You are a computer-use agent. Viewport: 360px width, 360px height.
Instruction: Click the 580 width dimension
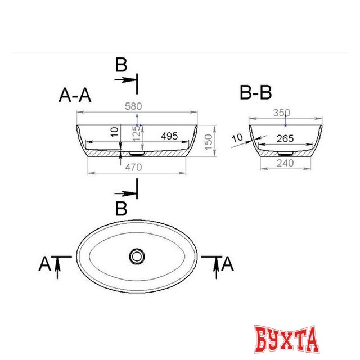pyautogui.click(x=133, y=106)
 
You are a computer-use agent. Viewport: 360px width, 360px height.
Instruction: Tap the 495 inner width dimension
pyautogui.click(x=169, y=136)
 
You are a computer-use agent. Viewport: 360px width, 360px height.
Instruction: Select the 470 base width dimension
pyautogui.click(x=133, y=168)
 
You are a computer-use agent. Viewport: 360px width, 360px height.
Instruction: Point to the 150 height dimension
pyautogui.click(x=209, y=142)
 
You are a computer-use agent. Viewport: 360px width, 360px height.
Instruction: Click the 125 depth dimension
pyautogui.click(x=136, y=133)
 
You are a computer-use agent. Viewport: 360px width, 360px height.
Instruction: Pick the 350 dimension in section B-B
pyautogui.click(x=282, y=112)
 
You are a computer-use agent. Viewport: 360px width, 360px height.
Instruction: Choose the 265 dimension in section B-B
pyautogui.click(x=285, y=139)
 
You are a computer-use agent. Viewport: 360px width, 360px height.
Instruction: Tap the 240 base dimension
pyautogui.click(x=285, y=163)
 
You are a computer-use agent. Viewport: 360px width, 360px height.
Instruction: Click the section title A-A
pyautogui.click(x=75, y=95)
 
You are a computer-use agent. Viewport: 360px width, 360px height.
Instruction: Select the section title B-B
pyautogui.click(x=256, y=92)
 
